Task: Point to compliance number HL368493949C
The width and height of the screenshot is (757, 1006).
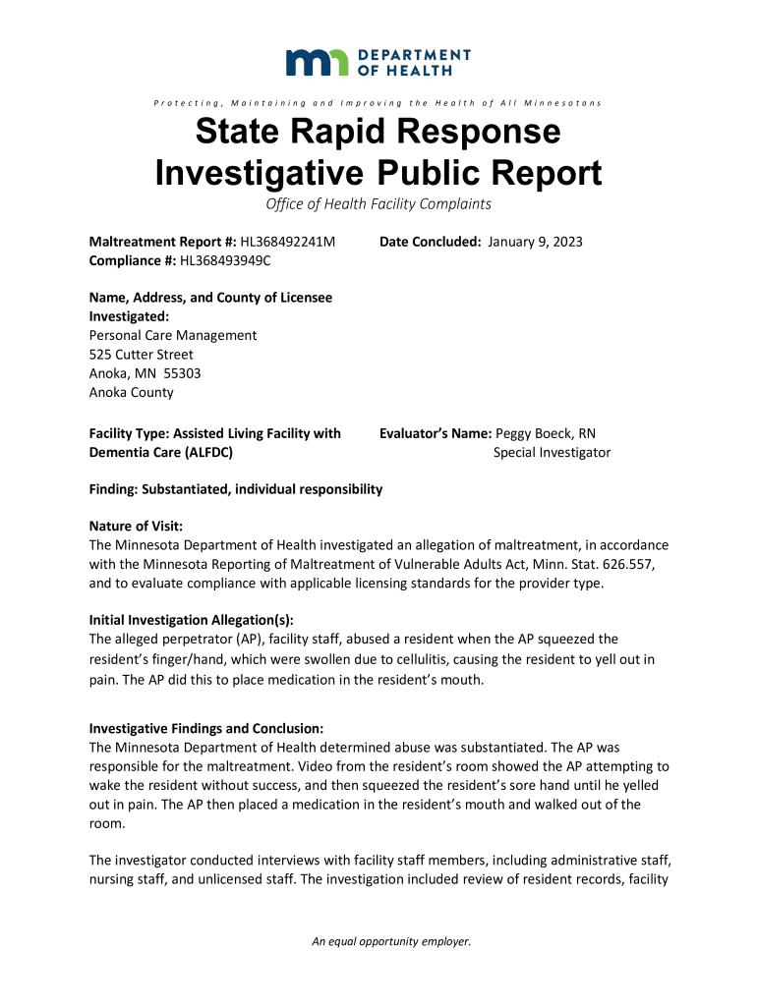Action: tap(225, 259)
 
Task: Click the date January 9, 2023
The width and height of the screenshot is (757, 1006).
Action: tap(535, 241)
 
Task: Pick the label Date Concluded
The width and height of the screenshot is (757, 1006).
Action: tap(431, 241)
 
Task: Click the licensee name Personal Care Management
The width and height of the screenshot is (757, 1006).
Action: tap(173, 335)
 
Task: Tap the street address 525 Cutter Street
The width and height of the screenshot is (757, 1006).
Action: tap(142, 354)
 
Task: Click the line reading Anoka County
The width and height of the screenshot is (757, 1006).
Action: tap(131, 392)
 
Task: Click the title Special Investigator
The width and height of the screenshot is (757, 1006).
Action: tap(552, 452)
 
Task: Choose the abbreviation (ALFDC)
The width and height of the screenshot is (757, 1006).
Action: tap(204, 452)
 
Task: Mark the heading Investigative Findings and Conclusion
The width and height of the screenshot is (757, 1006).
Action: tap(206, 729)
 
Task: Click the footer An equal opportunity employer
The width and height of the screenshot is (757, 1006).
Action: tap(391, 941)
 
